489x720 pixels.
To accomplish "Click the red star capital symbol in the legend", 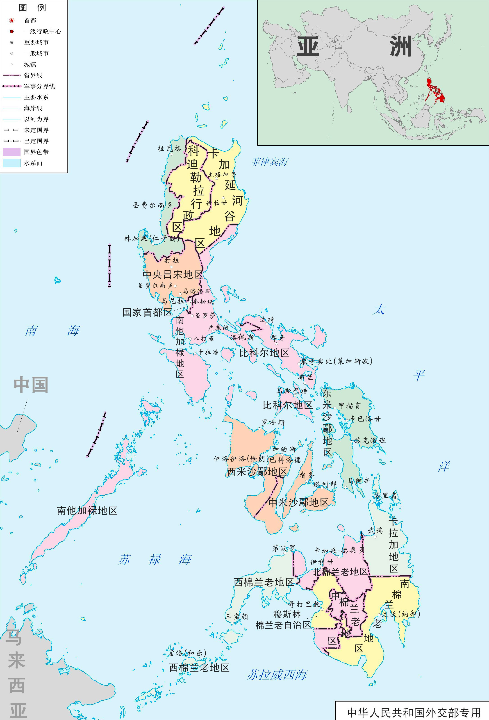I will point(12,21).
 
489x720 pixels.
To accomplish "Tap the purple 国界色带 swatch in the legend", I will point(12,152).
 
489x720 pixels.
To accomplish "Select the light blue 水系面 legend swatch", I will point(12,163).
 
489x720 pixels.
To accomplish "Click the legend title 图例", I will point(32,7).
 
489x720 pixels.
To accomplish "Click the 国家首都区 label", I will point(147,312).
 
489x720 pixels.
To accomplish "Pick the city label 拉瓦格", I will point(169,149).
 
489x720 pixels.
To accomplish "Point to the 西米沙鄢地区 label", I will point(257,472).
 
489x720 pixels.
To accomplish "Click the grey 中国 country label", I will point(31,385).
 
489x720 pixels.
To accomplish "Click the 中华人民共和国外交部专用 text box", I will point(414,712).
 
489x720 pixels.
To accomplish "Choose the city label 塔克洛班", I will point(369,440).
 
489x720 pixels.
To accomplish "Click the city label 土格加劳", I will point(222,174).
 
